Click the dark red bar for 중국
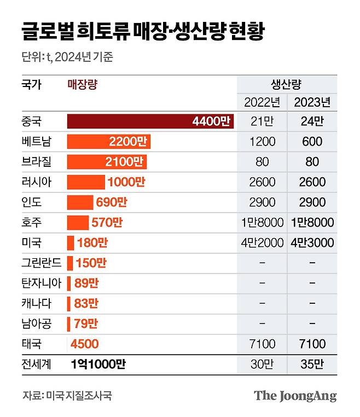(x=150, y=121)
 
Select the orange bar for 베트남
(x=108, y=142)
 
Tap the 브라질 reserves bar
(x=106, y=162)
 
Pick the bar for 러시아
(x=86, y=182)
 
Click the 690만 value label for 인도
(x=111, y=202)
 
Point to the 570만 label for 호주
(x=107, y=223)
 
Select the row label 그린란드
(x=42, y=263)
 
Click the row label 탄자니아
(x=42, y=283)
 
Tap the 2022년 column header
(x=262, y=102)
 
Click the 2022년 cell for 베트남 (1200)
(x=262, y=142)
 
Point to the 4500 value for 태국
(x=84, y=344)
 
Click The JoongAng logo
(x=295, y=396)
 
